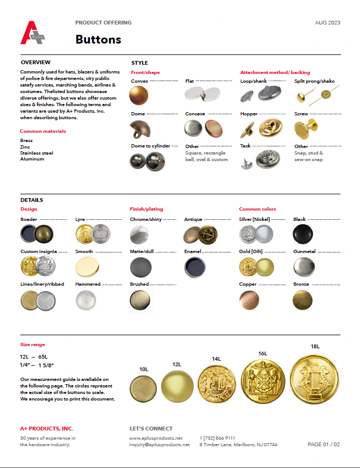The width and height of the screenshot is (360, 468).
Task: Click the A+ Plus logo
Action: (x=33, y=33)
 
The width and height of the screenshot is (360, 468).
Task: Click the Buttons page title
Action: (x=98, y=39)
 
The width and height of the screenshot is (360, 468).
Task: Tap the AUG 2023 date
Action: (x=328, y=23)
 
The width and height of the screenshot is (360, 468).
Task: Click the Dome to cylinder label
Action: (x=150, y=146)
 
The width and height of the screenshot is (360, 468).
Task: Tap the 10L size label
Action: (x=144, y=369)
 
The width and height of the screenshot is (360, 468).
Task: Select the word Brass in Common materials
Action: (x=26, y=140)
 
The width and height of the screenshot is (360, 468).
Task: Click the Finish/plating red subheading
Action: (x=146, y=209)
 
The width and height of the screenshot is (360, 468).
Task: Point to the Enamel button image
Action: (x=193, y=267)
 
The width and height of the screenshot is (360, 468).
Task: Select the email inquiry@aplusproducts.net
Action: (x=160, y=445)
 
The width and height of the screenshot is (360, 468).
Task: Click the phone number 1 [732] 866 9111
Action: (x=217, y=438)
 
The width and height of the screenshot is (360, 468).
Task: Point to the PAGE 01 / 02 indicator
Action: (x=324, y=445)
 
